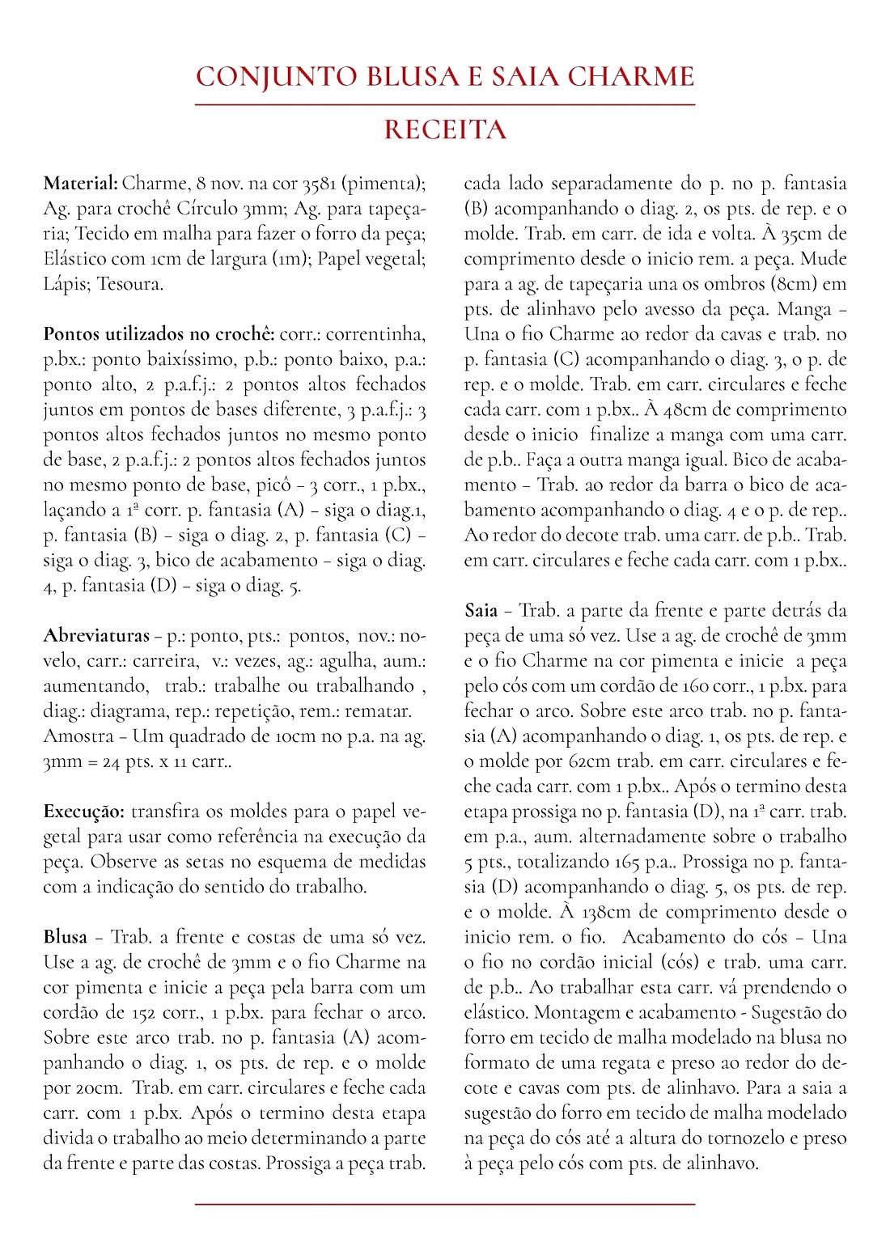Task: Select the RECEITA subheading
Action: (x=445, y=129)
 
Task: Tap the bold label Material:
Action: (x=81, y=183)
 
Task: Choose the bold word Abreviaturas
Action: (x=96, y=635)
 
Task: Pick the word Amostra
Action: (x=78, y=735)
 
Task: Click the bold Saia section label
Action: (x=481, y=610)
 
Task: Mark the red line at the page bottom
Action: (x=445, y=1205)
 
